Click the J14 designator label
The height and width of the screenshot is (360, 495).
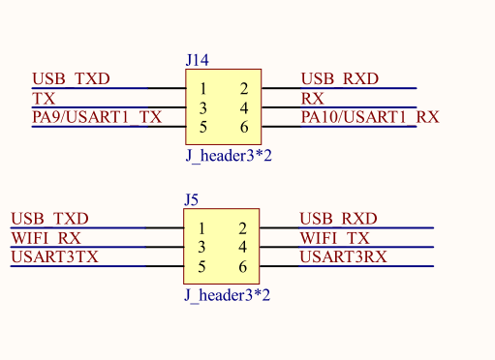[198, 60]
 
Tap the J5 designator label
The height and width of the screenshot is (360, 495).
[191, 200]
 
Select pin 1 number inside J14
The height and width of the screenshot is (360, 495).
[202, 89]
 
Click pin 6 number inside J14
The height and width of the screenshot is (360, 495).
[244, 127]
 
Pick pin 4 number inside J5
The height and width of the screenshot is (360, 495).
[243, 247]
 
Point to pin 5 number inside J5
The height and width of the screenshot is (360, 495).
[201, 267]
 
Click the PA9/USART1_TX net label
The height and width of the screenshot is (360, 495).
[97, 117]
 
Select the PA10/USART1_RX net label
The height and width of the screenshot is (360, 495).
[370, 117]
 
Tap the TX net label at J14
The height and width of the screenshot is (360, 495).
[44, 99]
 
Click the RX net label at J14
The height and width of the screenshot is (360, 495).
[312, 99]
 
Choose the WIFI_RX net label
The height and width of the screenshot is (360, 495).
[46, 238]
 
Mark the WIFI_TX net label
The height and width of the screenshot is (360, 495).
[334, 238]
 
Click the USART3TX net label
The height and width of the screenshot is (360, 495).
[54, 257]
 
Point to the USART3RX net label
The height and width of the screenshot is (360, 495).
[343, 257]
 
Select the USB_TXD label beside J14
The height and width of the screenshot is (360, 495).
[71, 79]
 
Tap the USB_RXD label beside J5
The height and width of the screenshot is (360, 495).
[338, 219]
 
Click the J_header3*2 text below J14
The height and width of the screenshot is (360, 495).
[229, 156]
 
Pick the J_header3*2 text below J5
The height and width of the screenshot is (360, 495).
[228, 295]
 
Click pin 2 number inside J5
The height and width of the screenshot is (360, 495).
[243, 228]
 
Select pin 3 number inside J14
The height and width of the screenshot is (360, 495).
[202, 108]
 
